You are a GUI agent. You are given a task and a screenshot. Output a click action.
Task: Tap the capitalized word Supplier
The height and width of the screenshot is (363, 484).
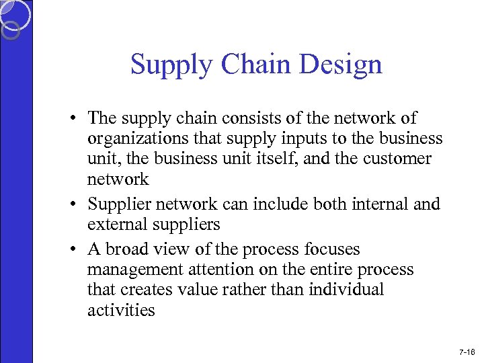[x=122, y=204]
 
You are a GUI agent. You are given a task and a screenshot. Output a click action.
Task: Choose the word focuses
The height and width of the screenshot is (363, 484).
[x=332, y=249]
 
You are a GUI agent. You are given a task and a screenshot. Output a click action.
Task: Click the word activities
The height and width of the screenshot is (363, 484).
[x=121, y=310]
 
